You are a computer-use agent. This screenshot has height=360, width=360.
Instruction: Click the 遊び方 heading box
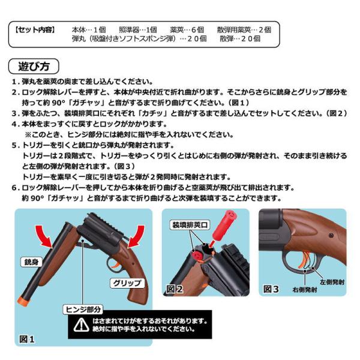click(x=34, y=67)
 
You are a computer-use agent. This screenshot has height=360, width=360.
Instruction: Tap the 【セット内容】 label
click(x=35, y=30)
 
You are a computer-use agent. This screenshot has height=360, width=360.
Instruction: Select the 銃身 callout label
click(x=31, y=262)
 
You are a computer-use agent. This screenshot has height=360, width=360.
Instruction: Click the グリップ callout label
click(x=127, y=283)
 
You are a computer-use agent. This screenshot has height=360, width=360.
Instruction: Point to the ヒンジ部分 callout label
click(x=83, y=310)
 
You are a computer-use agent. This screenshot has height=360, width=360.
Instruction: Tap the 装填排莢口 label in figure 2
click(x=190, y=225)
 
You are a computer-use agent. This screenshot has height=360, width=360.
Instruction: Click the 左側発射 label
click(x=332, y=282)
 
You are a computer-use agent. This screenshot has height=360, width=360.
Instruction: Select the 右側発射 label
click(x=304, y=290)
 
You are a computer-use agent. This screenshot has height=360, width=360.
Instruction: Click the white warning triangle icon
click(x=81, y=325)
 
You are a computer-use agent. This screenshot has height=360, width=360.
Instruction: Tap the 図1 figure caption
click(x=26, y=339)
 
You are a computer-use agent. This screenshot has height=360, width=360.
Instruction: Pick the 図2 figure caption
click(x=175, y=289)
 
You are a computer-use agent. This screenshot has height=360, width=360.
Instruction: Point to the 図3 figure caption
click(x=271, y=289)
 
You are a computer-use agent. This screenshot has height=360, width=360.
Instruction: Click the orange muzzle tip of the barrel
click(x=25, y=301)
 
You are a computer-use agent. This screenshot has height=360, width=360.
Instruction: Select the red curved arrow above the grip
click(x=136, y=236)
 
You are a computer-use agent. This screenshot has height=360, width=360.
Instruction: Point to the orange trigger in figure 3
click(x=304, y=260)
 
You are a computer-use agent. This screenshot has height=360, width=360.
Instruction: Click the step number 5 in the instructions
click(x=14, y=145)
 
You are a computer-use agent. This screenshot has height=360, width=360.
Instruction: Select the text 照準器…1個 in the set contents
click(x=138, y=30)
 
